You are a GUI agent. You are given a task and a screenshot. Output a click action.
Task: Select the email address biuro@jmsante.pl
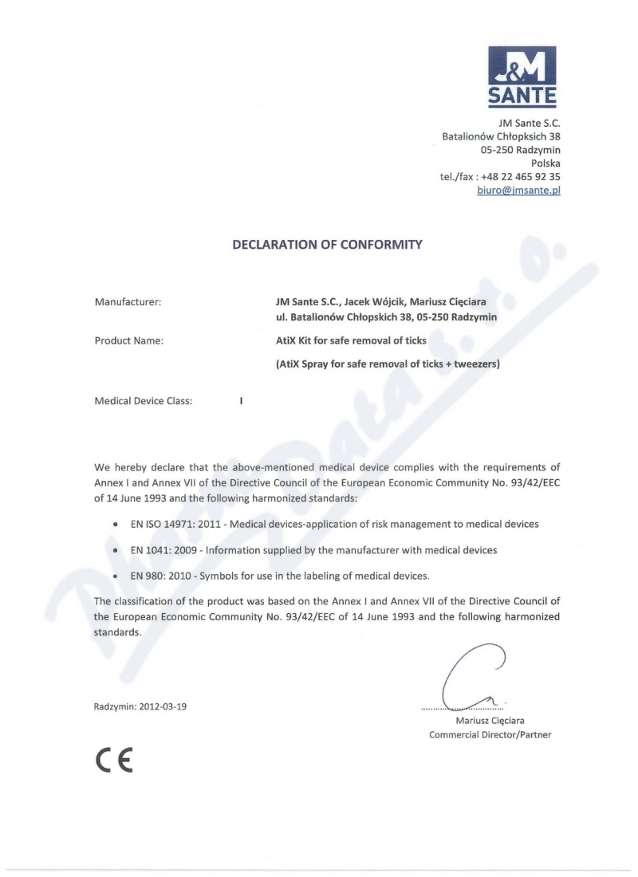click(518, 191)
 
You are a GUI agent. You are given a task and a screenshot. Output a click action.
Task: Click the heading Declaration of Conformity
click(326, 246)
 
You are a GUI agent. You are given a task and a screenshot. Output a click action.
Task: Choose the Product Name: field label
click(129, 341)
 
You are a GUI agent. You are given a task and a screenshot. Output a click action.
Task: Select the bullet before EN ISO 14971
click(116, 525)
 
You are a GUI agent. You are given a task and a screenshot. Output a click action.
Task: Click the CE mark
click(113, 757)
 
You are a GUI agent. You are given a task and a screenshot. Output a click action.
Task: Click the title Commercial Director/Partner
click(490, 734)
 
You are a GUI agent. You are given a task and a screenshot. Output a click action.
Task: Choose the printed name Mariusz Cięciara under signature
click(490, 721)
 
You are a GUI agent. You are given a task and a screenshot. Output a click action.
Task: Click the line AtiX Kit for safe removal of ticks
click(351, 341)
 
